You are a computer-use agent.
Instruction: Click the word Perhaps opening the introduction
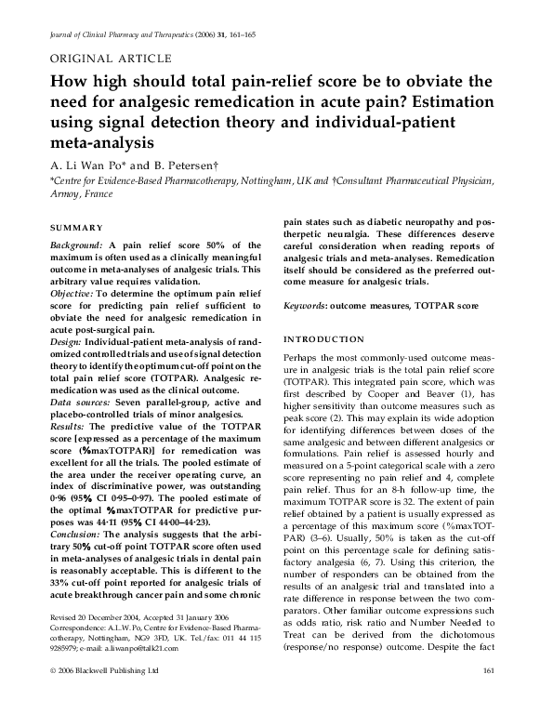coord(300,358)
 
